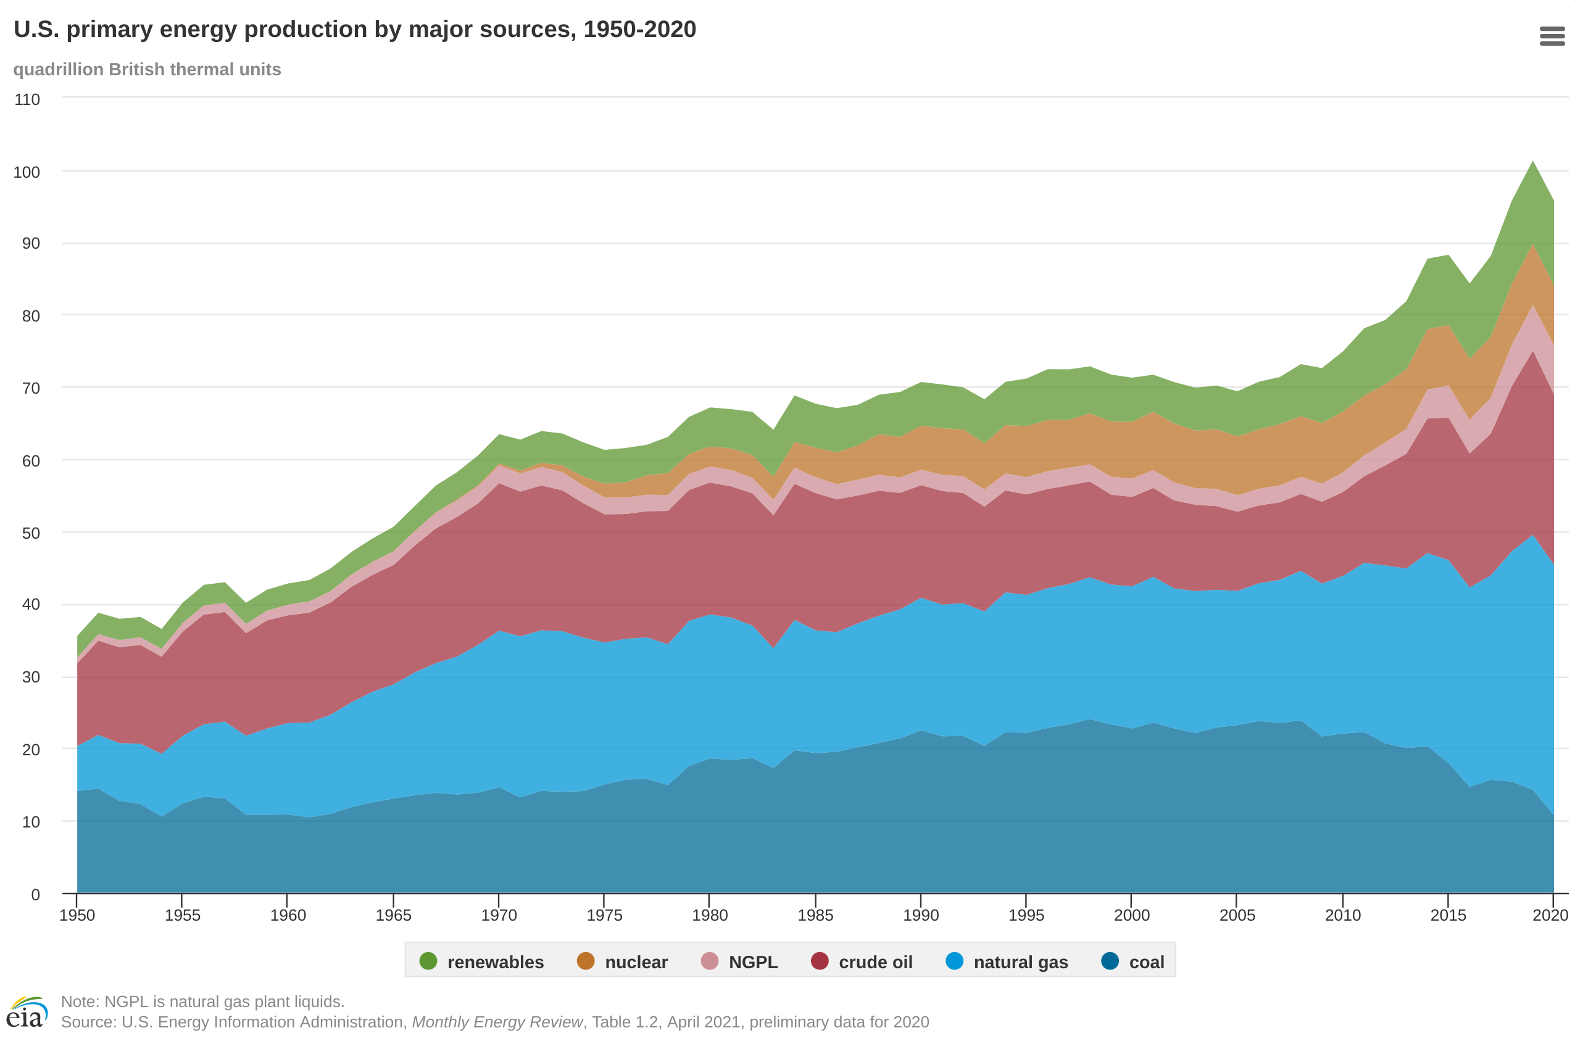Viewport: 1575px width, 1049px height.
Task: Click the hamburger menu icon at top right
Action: [1552, 36]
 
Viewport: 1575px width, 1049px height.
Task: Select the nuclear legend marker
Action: [586, 961]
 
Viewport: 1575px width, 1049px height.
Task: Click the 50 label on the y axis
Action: [31, 533]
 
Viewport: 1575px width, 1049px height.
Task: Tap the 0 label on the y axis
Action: [35, 895]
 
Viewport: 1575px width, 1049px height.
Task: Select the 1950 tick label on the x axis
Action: [77, 915]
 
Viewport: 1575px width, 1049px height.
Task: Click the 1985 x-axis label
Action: [815, 915]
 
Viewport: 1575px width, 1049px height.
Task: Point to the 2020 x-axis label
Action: [1550, 915]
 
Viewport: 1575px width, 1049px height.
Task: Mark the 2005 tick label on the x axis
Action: [1236, 915]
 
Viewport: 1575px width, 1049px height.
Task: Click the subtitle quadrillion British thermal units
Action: [148, 70]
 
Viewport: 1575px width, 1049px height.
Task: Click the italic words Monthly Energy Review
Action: [497, 1022]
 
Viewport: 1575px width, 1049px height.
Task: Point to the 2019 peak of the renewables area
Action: [1533, 162]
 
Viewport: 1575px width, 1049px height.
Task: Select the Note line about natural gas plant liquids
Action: [202, 1001]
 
